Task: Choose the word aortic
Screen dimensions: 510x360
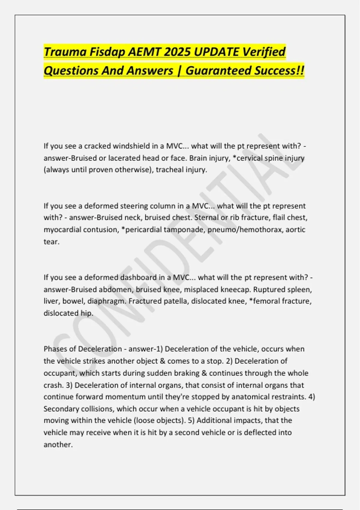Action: pyautogui.click(x=295, y=230)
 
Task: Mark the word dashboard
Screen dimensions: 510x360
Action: pyautogui.click(x=138, y=277)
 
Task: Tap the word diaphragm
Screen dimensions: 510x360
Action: pyautogui.click(x=106, y=301)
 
